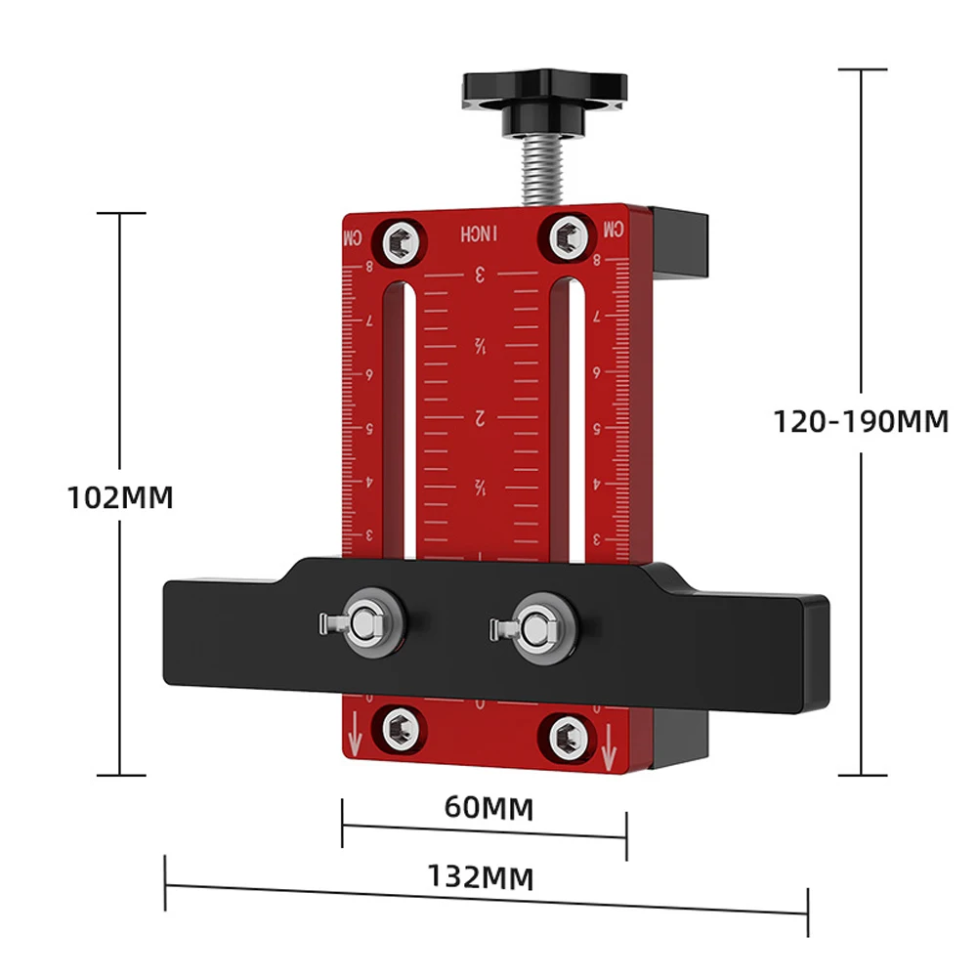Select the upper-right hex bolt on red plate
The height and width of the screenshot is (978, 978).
coord(567,235)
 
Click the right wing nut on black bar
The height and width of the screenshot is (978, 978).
coord(533,625)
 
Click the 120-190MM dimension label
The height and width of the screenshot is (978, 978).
coord(861,421)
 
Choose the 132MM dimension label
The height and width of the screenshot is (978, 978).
coord(480,876)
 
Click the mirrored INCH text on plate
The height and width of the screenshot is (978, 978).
coord(480,234)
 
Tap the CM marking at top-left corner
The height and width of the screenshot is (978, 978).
coord(351,237)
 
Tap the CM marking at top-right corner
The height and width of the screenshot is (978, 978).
coord(613,230)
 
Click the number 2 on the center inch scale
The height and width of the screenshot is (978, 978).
coord(480,418)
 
